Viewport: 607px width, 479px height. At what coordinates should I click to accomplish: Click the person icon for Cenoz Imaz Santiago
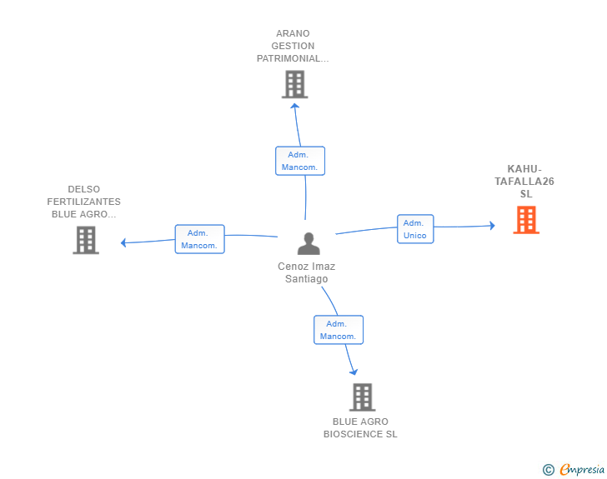(x=309, y=243)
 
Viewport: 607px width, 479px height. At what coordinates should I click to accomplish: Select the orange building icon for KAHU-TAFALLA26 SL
(x=525, y=220)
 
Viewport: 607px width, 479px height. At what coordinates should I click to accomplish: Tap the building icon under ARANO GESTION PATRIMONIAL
(x=294, y=84)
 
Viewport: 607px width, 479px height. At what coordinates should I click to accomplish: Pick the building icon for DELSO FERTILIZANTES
(x=86, y=240)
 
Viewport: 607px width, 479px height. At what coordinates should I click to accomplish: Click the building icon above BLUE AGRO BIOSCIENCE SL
(x=362, y=397)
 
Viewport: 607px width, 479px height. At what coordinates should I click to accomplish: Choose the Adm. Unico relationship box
(x=414, y=229)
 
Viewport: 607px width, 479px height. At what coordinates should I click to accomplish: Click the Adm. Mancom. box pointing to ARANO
(x=300, y=161)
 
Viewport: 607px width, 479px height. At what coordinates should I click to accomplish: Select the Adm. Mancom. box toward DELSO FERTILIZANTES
(x=199, y=239)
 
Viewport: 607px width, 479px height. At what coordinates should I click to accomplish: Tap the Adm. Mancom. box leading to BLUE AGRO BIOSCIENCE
(x=338, y=330)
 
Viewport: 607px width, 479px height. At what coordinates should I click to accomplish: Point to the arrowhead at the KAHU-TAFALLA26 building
(x=492, y=226)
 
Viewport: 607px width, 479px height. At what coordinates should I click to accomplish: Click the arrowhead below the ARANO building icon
(x=295, y=105)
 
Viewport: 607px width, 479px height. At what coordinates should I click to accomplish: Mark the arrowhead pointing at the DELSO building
(x=123, y=243)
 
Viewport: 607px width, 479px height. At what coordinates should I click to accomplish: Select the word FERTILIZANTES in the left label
(x=83, y=202)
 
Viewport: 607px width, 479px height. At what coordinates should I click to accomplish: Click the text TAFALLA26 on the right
(x=524, y=182)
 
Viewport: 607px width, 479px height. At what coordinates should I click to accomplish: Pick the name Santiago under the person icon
(x=306, y=279)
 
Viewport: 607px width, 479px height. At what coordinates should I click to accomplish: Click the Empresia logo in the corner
(x=581, y=470)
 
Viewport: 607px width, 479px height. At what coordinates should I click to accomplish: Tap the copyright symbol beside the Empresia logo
(x=548, y=471)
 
